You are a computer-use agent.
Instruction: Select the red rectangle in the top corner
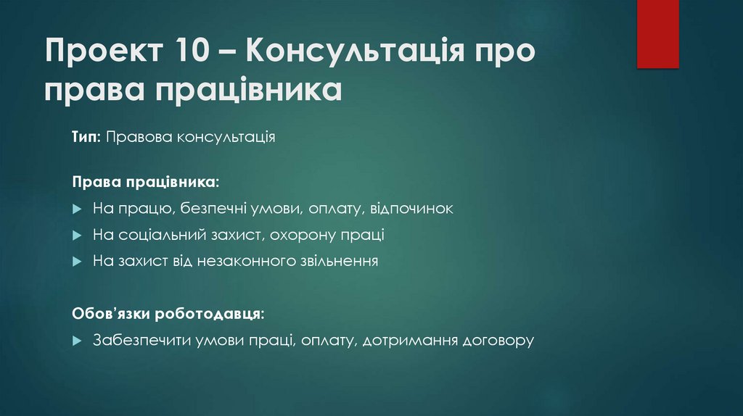click(657, 33)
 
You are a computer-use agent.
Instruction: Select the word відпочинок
click(411, 209)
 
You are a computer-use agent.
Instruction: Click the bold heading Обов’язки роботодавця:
click(168, 314)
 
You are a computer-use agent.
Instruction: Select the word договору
click(498, 340)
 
